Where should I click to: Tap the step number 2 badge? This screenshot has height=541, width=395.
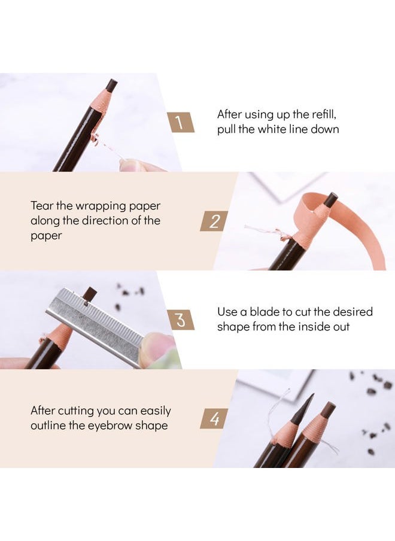point(214,221)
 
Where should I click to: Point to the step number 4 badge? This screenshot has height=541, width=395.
point(214,418)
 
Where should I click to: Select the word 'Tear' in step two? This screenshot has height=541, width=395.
point(42,205)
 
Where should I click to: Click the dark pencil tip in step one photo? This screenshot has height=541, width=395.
point(111,85)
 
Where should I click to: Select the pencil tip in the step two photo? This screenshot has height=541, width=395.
point(330,200)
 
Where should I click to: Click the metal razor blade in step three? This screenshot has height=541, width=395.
point(96,324)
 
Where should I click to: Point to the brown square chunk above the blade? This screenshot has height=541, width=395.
point(90,293)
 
